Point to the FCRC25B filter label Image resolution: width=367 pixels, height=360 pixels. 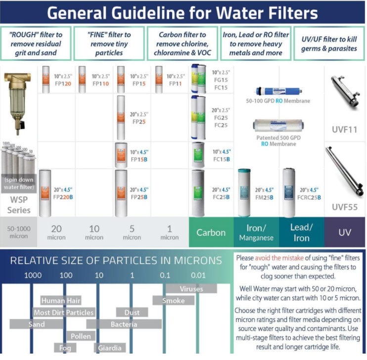click(308, 193)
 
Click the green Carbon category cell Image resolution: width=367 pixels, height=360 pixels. click(211, 232)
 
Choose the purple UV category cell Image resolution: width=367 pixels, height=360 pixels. click(345, 232)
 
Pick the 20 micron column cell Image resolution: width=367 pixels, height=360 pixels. click(56, 232)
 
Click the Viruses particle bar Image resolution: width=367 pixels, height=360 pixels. click(191, 288)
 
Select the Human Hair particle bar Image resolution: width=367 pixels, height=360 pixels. click(60, 300)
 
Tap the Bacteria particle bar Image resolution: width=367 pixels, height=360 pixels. click(124, 324)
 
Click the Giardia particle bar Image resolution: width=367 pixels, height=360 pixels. click(110, 348)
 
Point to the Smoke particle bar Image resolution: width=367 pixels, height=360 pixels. click(173, 300)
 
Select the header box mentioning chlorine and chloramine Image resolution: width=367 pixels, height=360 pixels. click(183, 44)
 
